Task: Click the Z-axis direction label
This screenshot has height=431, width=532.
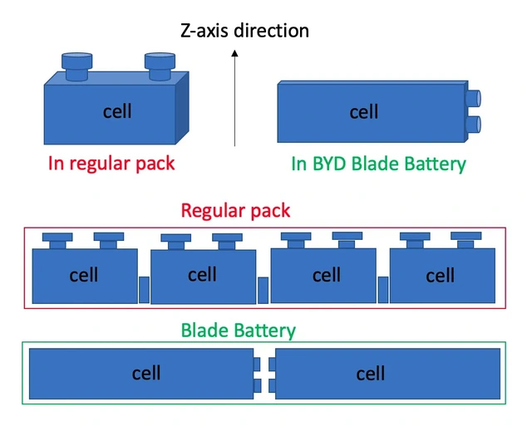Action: (244, 32)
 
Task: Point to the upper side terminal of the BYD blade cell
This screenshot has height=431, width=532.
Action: (473, 99)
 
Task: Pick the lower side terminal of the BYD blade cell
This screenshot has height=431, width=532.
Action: (473, 125)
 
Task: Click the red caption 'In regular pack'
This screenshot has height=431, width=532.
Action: (111, 163)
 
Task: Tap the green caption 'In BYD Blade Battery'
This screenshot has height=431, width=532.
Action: (378, 164)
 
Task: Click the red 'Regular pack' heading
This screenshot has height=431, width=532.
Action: (236, 210)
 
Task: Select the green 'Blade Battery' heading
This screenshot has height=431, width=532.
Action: (239, 331)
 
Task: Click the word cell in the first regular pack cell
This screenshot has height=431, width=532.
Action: (84, 275)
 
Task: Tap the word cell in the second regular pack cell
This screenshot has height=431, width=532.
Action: (202, 275)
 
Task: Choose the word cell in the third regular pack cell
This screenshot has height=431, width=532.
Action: (327, 275)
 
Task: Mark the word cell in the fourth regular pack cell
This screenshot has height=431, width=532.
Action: (441, 275)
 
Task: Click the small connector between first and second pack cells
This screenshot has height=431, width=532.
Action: (144, 290)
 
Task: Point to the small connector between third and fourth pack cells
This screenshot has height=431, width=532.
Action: (383, 290)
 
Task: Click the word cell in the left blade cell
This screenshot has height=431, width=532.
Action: (146, 374)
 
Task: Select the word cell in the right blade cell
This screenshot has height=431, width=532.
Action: (371, 374)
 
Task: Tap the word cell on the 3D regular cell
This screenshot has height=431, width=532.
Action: (117, 111)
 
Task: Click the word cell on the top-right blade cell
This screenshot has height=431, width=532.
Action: (364, 112)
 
